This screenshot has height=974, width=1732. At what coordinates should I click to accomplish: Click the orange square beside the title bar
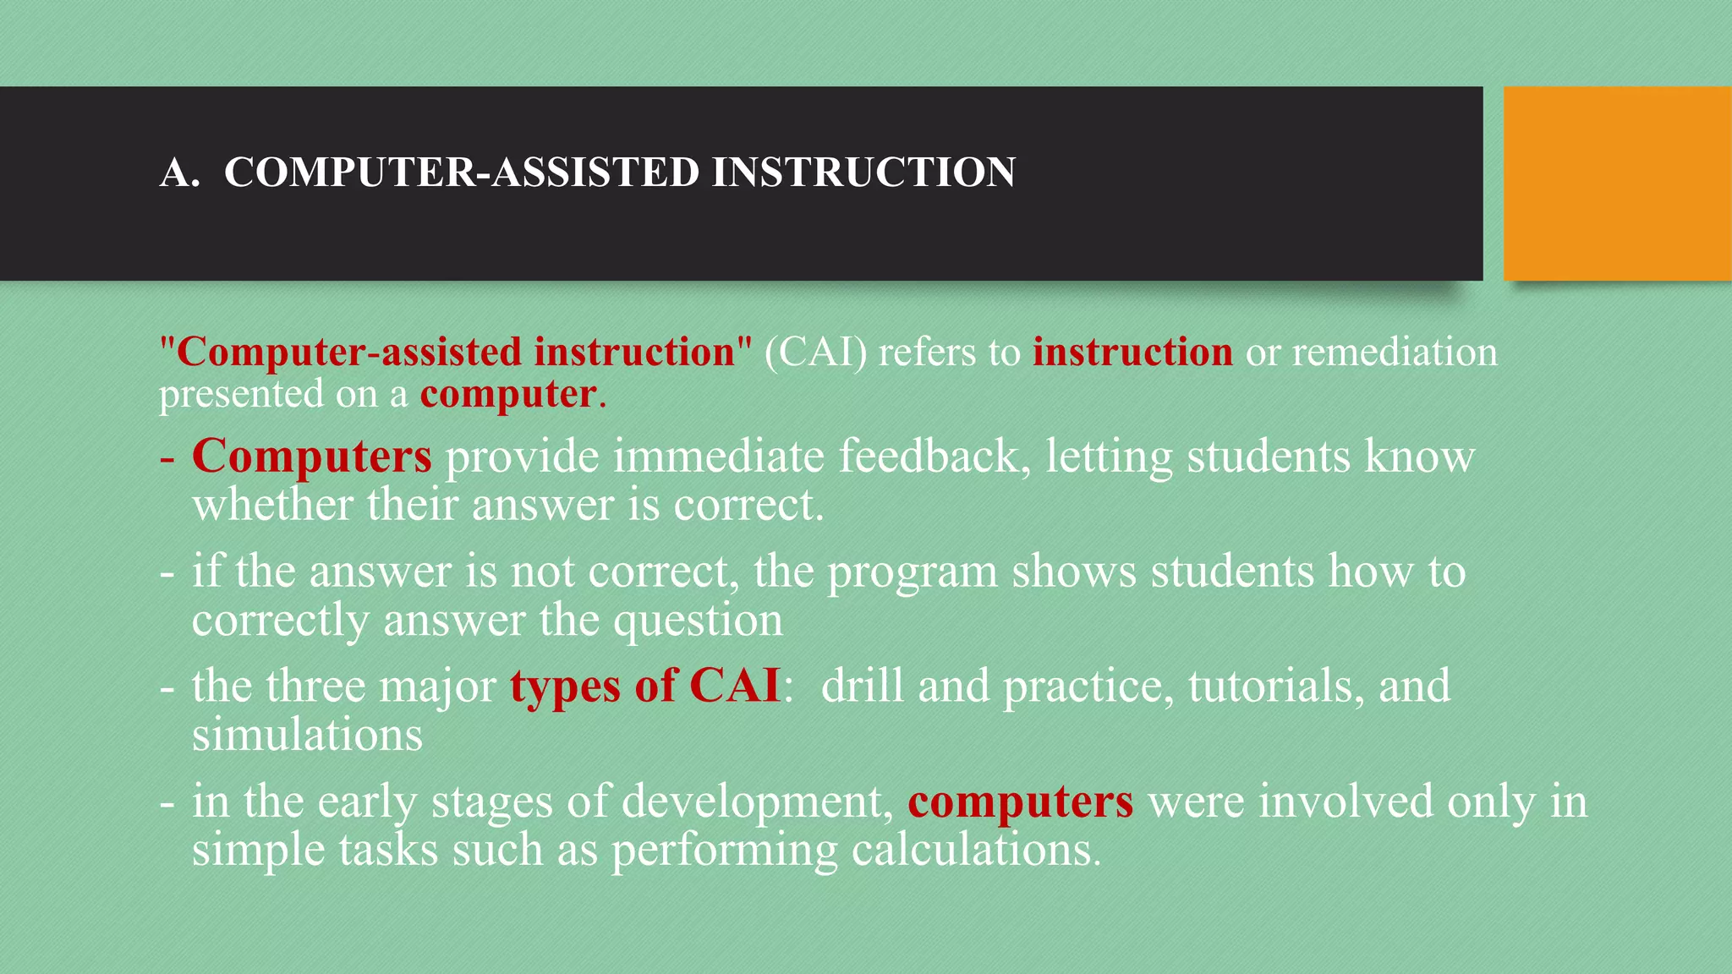click(1617, 183)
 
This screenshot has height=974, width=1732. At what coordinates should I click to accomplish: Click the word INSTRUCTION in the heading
click(863, 172)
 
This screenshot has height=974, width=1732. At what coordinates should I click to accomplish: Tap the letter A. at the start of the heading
click(179, 172)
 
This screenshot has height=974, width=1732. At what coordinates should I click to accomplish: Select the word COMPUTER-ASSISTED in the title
click(462, 172)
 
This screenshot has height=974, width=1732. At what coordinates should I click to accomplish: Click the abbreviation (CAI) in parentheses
click(815, 352)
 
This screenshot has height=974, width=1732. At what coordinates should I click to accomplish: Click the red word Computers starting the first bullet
click(312, 457)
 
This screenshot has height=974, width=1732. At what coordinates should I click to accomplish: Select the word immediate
click(718, 457)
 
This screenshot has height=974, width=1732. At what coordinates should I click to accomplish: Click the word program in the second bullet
click(912, 573)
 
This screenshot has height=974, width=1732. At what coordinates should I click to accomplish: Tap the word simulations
click(307, 734)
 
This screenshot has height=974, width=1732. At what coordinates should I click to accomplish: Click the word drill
click(862, 686)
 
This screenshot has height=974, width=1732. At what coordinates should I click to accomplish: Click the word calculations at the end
click(976, 850)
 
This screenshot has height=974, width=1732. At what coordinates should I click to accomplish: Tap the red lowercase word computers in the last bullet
click(1020, 802)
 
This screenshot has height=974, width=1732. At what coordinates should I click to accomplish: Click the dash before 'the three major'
click(167, 687)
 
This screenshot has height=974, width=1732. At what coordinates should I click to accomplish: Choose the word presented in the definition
click(241, 395)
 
